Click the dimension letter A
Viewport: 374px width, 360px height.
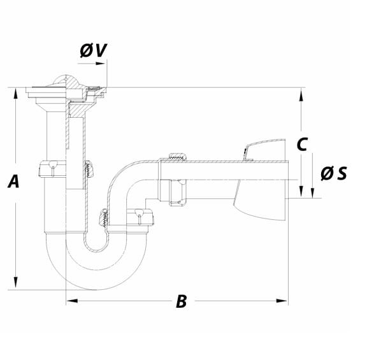[x=13, y=182]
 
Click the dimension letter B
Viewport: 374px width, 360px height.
[x=182, y=301]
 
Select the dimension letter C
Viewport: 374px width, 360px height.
[x=302, y=144]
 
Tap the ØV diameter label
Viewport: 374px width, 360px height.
[x=93, y=50]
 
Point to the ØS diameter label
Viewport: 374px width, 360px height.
[x=334, y=173]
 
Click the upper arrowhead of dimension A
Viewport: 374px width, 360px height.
[x=16, y=93]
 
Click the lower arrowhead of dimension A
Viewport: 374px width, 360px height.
[x=16, y=282]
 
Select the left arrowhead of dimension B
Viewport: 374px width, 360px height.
[x=72, y=301]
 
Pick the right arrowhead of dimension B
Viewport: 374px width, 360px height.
[x=282, y=301]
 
